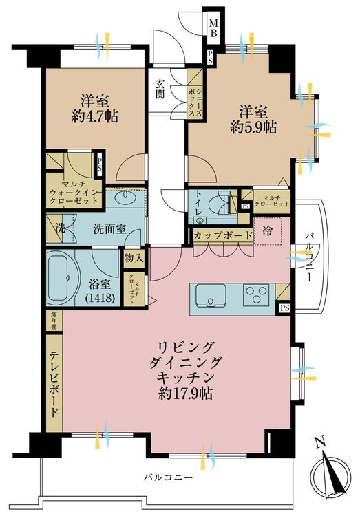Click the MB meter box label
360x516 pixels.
[213, 28]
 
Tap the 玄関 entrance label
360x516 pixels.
[160, 89]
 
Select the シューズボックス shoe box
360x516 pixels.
[195, 94]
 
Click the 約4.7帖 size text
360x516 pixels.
[95, 116]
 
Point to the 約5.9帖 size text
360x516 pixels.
[253, 127]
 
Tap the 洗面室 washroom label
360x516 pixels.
[109, 229]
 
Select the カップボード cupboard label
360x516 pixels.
[223, 235]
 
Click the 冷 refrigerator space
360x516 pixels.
[268, 230]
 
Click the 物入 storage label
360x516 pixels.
[134, 258]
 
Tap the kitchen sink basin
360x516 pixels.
[211, 295]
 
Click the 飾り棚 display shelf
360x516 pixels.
[53, 321]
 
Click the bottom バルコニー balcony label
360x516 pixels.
[168, 477]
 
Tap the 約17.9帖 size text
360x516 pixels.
[185, 394]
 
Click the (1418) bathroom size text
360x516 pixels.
[100, 298]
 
